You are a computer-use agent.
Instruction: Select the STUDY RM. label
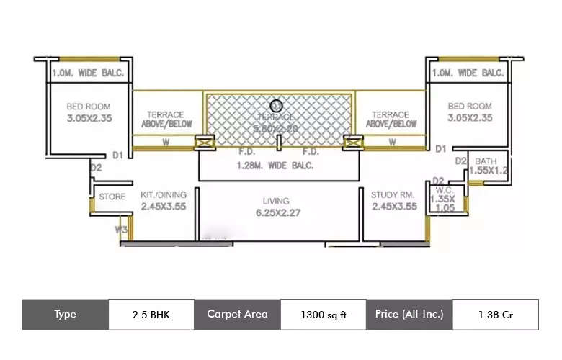coord(394,194)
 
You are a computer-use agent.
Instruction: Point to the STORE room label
coord(112,197)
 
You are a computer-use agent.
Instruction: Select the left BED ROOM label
coord(89,106)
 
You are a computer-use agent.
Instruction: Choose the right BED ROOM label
coord(470,106)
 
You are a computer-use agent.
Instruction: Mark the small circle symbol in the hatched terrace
coord(276,106)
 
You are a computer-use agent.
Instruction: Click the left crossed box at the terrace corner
coord(204,143)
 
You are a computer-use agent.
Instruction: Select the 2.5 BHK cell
coord(151,315)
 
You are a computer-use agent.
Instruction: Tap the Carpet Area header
coord(237,314)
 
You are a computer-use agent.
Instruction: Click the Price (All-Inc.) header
coord(409,314)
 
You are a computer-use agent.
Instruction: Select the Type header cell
coord(65,315)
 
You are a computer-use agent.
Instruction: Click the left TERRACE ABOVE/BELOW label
coord(166,119)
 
